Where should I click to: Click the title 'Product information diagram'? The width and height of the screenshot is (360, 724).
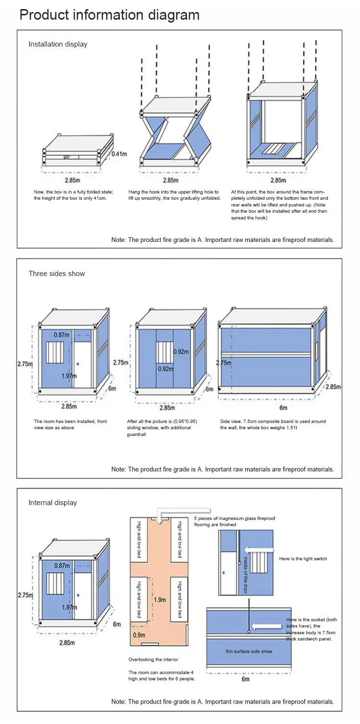tap(109, 15)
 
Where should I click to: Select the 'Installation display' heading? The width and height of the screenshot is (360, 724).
tap(58, 44)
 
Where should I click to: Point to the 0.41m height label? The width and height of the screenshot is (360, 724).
tap(120, 154)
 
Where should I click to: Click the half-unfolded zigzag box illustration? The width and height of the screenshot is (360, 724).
tap(176, 132)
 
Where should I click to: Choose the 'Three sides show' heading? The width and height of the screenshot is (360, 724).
tap(57, 274)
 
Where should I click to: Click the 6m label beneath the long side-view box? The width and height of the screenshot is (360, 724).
tap(283, 408)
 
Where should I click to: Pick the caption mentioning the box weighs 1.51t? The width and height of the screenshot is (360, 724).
tap(273, 424)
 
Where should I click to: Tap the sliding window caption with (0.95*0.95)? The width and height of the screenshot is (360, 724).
tap(162, 424)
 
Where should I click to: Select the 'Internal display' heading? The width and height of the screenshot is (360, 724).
tap(53, 503)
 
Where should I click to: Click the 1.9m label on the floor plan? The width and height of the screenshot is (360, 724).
tap(160, 600)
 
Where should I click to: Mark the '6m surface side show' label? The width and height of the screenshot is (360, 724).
tap(249, 651)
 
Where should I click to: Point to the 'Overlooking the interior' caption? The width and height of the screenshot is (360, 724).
tap(153, 660)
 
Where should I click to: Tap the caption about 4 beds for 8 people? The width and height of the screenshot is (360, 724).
tap(161, 676)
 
